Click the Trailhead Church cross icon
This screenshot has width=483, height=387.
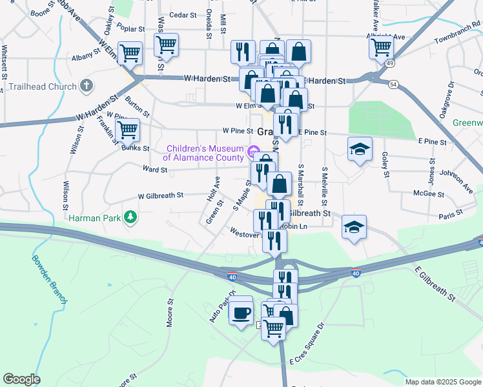tap(86, 86)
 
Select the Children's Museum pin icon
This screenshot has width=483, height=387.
tap(252, 152)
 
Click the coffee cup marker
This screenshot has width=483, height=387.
tap(241, 313)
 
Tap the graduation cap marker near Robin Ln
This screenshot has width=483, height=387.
tap(354, 227)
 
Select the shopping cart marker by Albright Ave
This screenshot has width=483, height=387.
tap(382, 46)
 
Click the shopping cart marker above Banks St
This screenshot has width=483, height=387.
tap(127, 130)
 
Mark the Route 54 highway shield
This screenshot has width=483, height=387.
tap(393, 84)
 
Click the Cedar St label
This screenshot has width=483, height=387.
tap(181, 15)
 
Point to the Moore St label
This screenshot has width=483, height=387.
tap(170, 312)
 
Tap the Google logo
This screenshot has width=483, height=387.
tap(21, 379)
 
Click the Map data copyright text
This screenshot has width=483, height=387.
tap(443, 382)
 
